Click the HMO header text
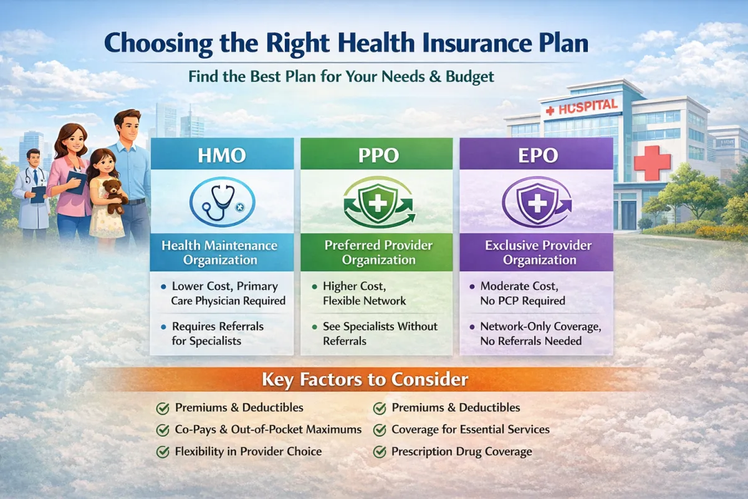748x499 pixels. coord(222,155)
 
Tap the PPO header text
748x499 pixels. coord(378,155)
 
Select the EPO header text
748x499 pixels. coord(538,155)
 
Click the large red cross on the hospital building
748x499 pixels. coord(652,162)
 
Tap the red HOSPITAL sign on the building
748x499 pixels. coord(583,107)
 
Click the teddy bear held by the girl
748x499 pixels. coord(113,196)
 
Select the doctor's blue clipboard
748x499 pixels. coord(38,194)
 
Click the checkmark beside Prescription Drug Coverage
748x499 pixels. coord(380,452)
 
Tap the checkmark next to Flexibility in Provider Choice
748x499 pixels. coord(163,452)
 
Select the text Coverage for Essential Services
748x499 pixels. coord(471,430)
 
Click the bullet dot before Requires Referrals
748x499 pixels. coord(163,327)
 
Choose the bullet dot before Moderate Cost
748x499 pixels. coord(472,287)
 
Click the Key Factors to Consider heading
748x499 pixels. coord(365,379)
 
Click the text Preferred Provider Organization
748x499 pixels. coord(378,253)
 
